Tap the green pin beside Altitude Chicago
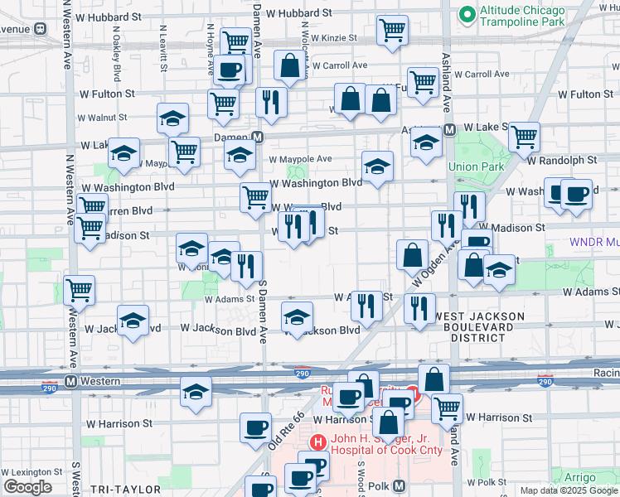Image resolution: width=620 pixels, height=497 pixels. (467, 13)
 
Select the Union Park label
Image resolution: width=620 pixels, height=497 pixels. (476, 166)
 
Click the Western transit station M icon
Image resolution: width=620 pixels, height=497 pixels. (71, 381)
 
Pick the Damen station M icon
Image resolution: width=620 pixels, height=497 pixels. (258, 138)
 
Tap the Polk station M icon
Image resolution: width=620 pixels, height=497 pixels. (399, 485)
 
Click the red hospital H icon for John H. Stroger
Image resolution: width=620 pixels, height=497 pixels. (317, 443)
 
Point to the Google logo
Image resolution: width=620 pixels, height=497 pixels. (27, 487)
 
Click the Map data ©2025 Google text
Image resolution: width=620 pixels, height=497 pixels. (569, 490)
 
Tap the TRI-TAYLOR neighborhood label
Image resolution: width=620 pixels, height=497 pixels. (112, 490)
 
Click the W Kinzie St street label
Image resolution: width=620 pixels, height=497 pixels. (328, 38)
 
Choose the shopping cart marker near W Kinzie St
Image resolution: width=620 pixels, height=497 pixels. (392, 31)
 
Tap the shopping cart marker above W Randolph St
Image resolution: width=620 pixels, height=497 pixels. (524, 137)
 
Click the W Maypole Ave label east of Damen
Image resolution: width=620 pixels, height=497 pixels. (299, 159)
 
